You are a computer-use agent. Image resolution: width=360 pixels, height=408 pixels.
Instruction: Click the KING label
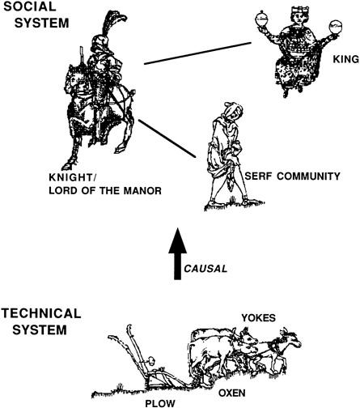pyautogui.click(x=346, y=59)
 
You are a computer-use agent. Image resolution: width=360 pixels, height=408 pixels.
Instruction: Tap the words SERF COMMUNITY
pyautogui.click(x=292, y=176)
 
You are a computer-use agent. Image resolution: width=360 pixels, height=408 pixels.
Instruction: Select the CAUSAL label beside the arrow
pyautogui.click(x=205, y=269)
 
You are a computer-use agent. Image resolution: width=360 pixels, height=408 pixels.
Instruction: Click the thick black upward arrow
pyautogui.click(x=177, y=253)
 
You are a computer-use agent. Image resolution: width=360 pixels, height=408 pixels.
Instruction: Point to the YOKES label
pyautogui.click(x=258, y=318)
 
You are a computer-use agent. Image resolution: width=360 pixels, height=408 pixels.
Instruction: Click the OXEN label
pyautogui.click(x=232, y=393)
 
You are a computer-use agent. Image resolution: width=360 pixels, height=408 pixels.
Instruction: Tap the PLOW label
pyautogui.click(x=160, y=403)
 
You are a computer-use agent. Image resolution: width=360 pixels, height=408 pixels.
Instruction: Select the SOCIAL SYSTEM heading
pyautogui.click(x=36, y=15)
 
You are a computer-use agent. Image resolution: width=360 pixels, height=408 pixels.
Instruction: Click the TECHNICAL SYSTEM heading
pyautogui.click(x=41, y=321)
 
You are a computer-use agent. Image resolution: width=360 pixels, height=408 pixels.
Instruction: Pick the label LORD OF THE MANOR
pyautogui.click(x=105, y=190)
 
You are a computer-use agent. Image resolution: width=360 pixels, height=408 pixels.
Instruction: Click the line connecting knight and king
pyautogui.click(x=197, y=53)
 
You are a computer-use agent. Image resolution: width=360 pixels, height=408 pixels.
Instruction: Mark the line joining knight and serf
pyautogui.click(x=167, y=138)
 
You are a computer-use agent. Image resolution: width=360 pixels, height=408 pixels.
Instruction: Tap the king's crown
pyautogui.click(x=299, y=10)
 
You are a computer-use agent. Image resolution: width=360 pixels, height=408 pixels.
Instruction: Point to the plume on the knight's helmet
pyautogui.click(x=112, y=22)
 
